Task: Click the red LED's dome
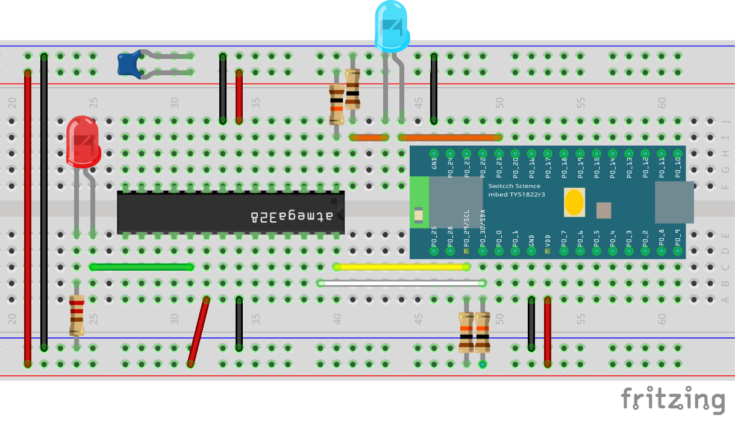[83, 141]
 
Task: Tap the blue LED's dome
[392, 25]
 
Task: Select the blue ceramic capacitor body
[129, 64]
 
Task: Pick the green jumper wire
[142, 266]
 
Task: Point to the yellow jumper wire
[401, 266]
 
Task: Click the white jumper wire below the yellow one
[401, 283]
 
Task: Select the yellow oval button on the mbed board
[574, 203]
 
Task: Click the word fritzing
[672, 400]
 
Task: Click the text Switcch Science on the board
[514, 186]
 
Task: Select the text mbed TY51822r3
[519, 195]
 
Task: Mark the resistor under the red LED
[77, 315]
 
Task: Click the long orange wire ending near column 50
[449, 137]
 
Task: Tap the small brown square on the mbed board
[604, 210]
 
